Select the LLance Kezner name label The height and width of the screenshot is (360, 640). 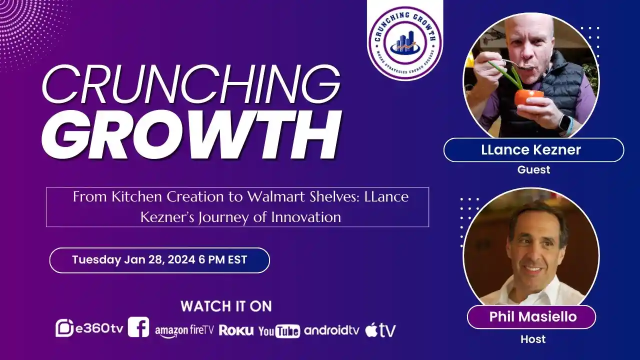(x=533, y=150)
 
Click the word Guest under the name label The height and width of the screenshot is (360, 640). (x=533, y=170)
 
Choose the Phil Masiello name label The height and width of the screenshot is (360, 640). (x=531, y=316)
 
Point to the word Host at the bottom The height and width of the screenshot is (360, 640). (x=532, y=339)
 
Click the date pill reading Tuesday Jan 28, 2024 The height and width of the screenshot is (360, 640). (x=159, y=260)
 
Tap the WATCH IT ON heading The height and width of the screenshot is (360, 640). (x=226, y=306)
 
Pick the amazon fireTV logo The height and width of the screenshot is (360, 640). (x=184, y=330)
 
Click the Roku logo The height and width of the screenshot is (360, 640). (x=236, y=330)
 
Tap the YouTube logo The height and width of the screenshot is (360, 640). (x=279, y=330)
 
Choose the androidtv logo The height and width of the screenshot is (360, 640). (x=331, y=330)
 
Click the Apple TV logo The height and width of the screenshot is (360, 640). (x=380, y=330)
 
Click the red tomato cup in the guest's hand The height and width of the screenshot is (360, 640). (x=528, y=97)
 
